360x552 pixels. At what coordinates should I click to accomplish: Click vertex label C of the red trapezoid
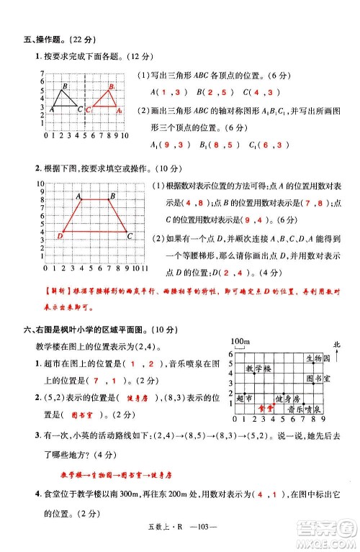tap(129, 235)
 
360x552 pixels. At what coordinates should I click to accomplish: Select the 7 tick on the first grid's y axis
tap(43, 74)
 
